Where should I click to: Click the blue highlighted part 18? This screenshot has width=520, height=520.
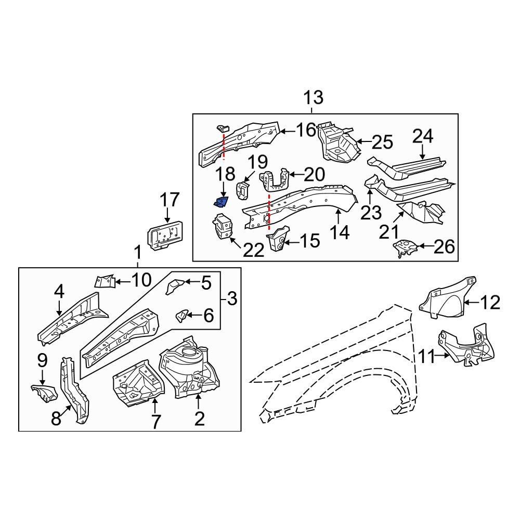[x=220, y=202]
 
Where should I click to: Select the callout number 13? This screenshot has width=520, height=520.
[x=314, y=98]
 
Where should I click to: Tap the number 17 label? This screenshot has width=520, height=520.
[x=170, y=200]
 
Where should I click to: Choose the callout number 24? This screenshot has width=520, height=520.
[x=422, y=137]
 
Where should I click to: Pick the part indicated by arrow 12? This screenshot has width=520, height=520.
[x=448, y=297]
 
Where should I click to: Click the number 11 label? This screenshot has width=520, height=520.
[x=426, y=357]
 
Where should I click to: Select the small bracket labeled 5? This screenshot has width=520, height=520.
[x=174, y=286]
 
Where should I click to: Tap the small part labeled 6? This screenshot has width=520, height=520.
[x=182, y=316]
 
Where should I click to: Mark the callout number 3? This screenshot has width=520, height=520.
[x=232, y=299]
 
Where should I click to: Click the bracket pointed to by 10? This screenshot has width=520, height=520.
[x=106, y=281]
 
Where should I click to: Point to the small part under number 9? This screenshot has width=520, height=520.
[x=44, y=393]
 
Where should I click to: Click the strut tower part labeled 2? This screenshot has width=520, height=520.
[x=189, y=368]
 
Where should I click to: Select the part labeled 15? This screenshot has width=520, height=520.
[x=277, y=239]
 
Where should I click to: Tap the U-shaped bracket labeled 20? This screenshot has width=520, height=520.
[x=274, y=180]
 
